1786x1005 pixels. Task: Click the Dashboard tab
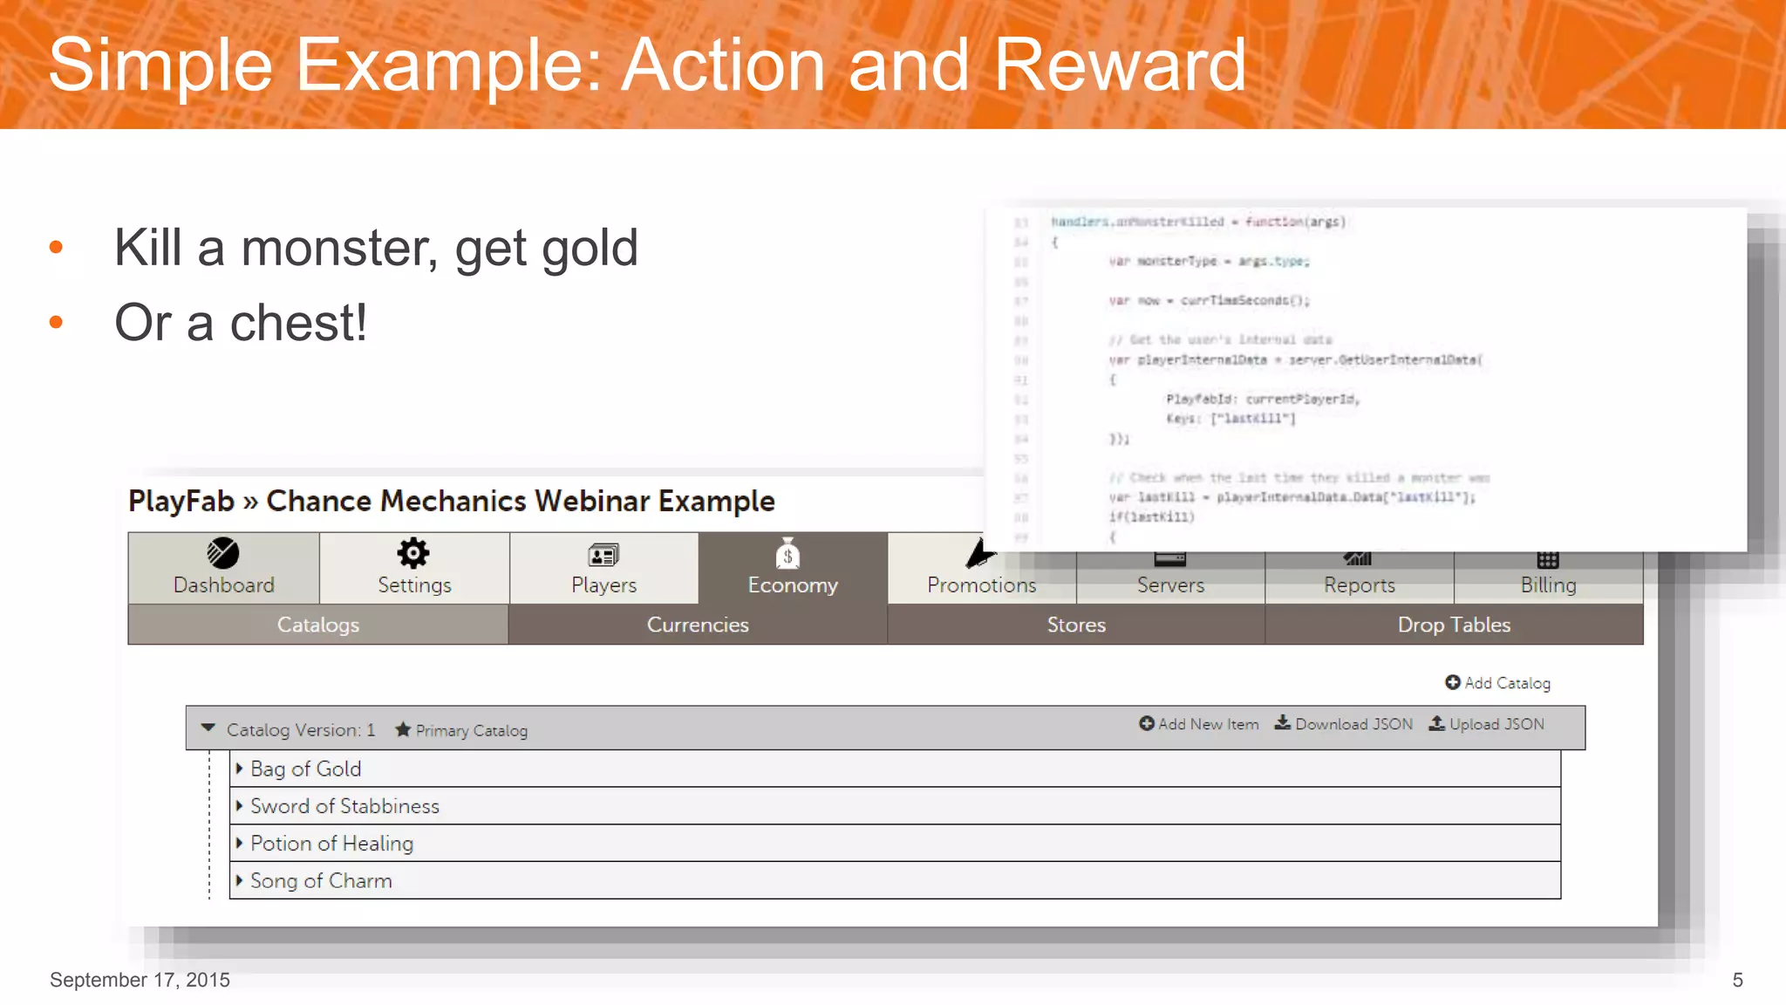223,568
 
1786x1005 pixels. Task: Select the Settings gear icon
413,553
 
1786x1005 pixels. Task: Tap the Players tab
603,568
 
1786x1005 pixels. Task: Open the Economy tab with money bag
792,568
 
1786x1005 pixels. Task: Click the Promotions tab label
981,585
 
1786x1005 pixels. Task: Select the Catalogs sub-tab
318,625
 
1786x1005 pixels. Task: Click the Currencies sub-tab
698,625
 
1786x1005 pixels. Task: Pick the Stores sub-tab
1076,625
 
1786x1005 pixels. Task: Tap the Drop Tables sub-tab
1454,625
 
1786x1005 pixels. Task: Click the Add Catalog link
1497,683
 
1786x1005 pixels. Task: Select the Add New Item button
1199,724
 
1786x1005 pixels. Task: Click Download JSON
1344,724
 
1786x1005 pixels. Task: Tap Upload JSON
1487,724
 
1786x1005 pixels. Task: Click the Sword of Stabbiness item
344,806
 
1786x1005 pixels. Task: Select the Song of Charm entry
321,881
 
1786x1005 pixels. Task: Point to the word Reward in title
1120,65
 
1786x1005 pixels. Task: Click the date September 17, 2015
140,980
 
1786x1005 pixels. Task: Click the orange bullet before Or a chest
57,323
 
